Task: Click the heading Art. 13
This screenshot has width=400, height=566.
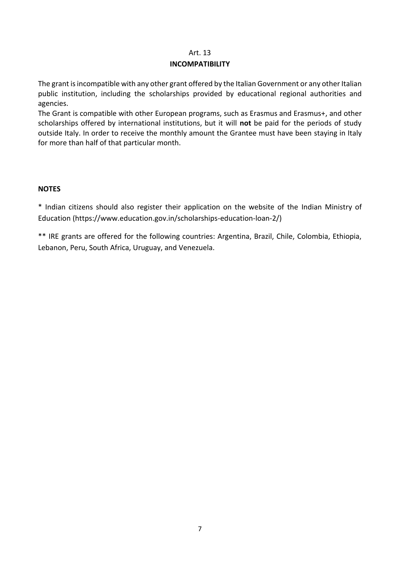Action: click(200, 53)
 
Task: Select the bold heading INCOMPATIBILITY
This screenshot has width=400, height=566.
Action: click(200, 64)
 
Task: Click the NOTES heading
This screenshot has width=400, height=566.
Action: click(49, 189)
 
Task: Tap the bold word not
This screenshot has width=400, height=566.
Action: click(245, 123)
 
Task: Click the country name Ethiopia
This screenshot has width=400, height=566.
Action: click(346, 237)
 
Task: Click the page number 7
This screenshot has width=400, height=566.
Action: click(200, 529)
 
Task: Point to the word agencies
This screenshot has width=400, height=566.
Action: click(53, 104)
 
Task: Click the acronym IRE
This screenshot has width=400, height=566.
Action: click(54, 237)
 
